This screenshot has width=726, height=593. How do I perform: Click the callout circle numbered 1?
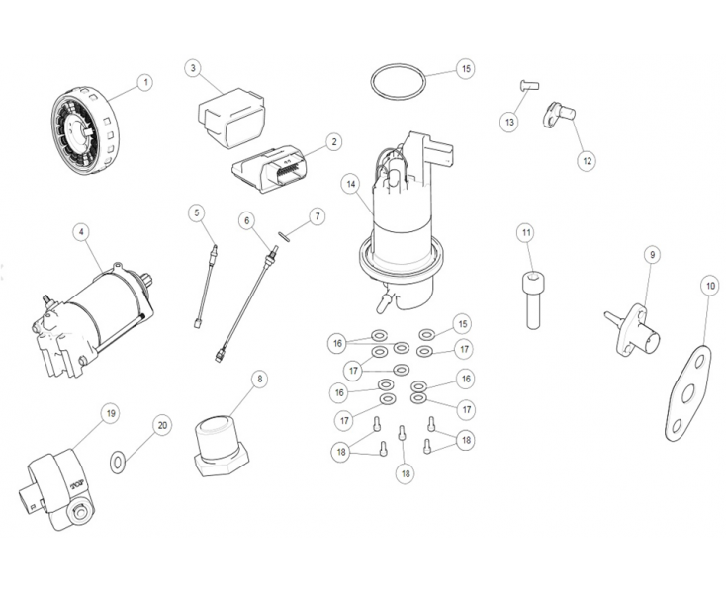tap(145, 82)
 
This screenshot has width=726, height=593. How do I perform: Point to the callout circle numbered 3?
tap(193, 68)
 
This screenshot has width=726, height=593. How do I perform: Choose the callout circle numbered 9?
tap(652, 255)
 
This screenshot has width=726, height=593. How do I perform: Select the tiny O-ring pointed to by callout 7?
tap(283, 235)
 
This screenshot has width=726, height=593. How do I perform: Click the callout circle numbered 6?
tap(246, 219)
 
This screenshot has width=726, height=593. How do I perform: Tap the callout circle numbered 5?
tap(197, 212)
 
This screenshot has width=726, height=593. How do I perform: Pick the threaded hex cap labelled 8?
tap(220, 443)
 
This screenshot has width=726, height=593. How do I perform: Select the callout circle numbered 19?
tap(111, 412)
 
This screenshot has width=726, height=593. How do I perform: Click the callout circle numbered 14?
tap(349, 184)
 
